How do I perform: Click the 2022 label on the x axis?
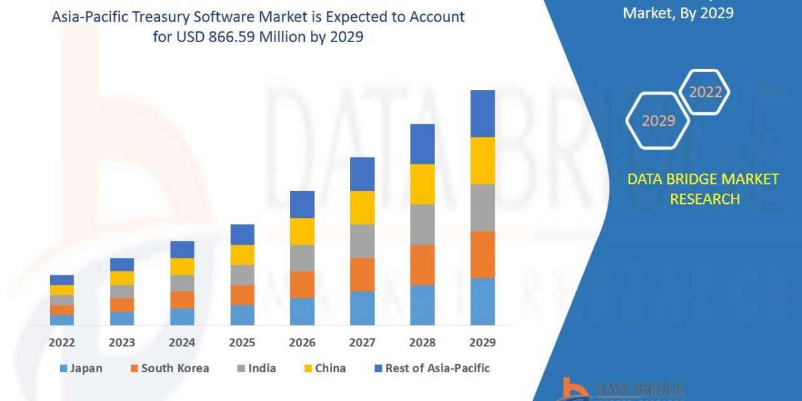coord(61,342)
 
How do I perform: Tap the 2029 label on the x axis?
coord(483,342)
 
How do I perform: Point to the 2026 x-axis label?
coord(302,342)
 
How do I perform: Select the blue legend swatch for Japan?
coord(63,368)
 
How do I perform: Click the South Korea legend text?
coord(175,368)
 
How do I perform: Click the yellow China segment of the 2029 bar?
coord(483,160)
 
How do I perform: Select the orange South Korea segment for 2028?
coord(422,265)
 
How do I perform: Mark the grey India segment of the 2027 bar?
coord(362,241)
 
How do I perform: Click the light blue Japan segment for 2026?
coord(302,311)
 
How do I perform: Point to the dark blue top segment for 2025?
coord(242,234)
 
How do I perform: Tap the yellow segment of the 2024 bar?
coord(182,266)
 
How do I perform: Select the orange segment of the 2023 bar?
coord(122,305)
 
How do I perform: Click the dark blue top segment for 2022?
coord(61,279)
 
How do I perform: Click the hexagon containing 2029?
coord(658,121)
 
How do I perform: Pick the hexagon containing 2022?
coord(704,92)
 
